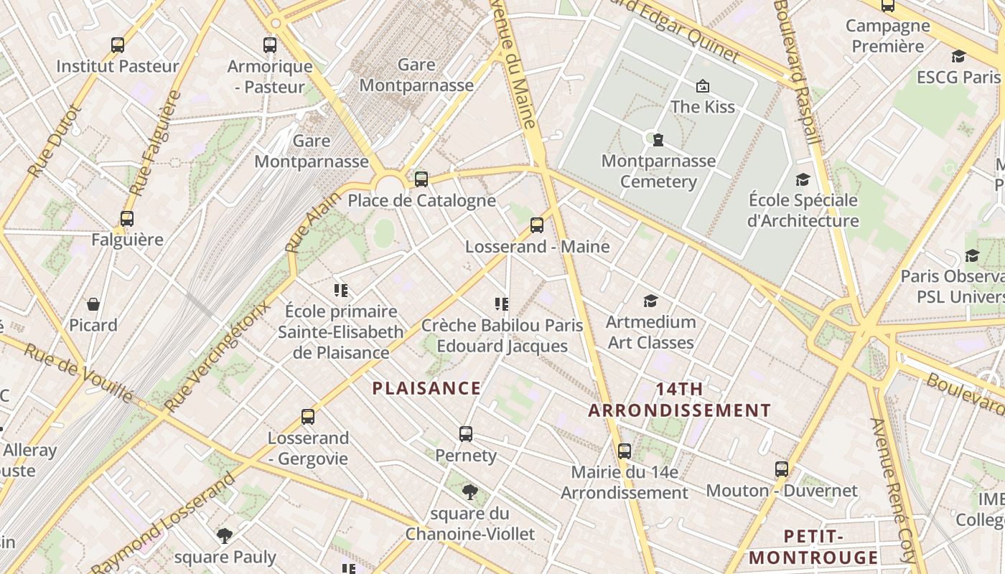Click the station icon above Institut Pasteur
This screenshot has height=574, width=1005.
(x=118, y=45)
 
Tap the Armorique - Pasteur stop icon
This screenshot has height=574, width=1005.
(x=270, y=45)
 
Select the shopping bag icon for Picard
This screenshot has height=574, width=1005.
(x=93, y=304)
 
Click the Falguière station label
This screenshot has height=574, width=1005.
(x=127, y=240)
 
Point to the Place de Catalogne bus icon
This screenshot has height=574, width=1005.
(x=421, y=179)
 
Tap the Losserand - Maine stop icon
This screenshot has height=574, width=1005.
(x=537, y=225)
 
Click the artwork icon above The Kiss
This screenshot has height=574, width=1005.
(x=703, y=86)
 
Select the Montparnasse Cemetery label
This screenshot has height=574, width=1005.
(x=658, y=171)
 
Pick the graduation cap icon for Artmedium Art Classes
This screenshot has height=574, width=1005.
(x=651, y=301)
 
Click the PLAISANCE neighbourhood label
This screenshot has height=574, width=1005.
(x=426, y=389)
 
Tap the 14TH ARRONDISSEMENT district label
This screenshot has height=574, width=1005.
(x=679, y=400)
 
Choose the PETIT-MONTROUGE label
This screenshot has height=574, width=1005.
(x=813, y=547)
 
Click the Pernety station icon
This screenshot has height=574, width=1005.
(x=466, y=434)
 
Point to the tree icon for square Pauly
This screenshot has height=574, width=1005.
(x=225, y=535)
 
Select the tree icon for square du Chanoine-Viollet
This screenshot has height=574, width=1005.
(x=470, y=492)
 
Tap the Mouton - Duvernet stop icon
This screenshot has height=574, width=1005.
(x=782, y=470)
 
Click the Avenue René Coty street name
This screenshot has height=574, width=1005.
(x=894, y=488)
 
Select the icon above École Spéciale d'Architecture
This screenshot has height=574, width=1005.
(x=803, y=179)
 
